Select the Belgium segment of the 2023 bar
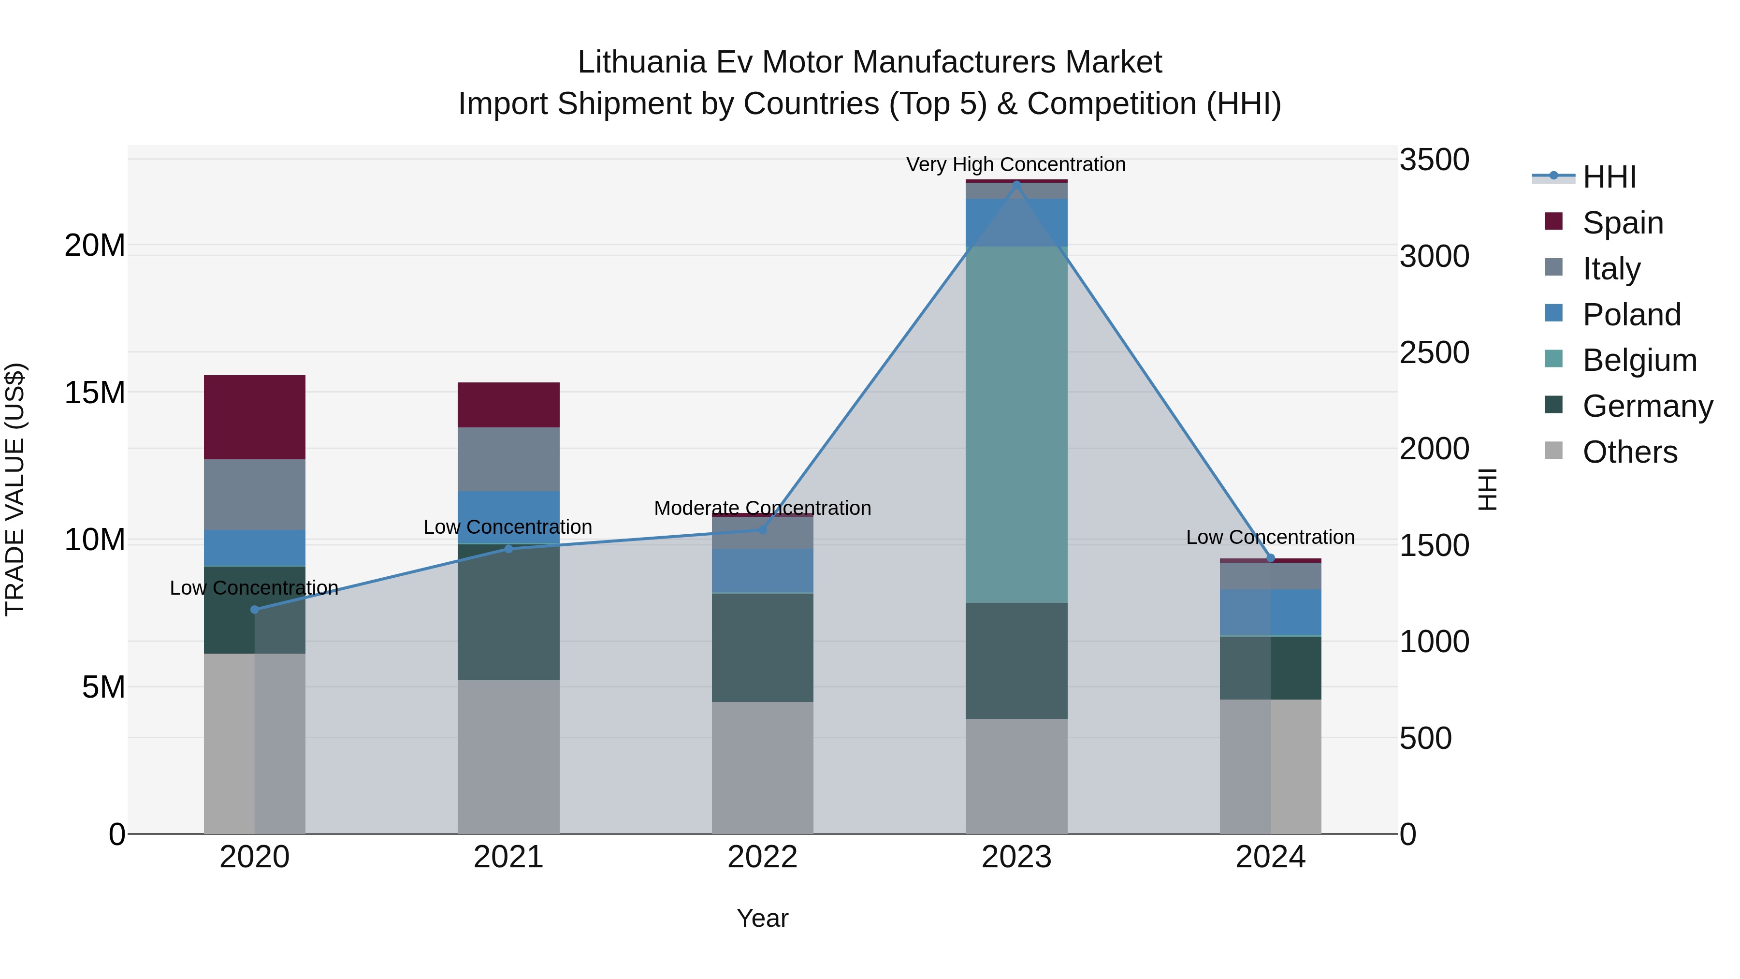tap(1016, 424)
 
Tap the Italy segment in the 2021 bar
tap(508, 459)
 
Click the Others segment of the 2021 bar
tap(508, 757)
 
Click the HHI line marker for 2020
tap(255, 610)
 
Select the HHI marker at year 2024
tap(1271, 558)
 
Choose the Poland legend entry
tap(1631, 315)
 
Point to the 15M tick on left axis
tap(95, 393)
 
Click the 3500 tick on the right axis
tap(1434, 160)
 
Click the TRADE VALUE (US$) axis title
tap(15, 489)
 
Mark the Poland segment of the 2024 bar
tap(1271, 612)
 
